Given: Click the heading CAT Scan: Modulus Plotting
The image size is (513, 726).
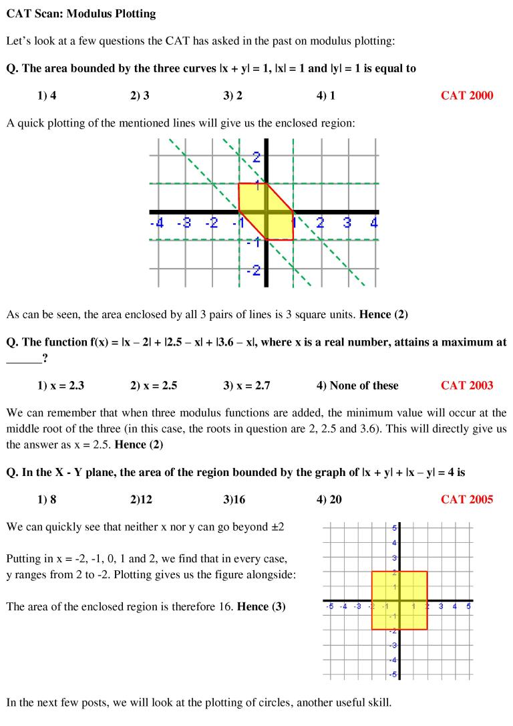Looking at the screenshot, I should coord(85,13).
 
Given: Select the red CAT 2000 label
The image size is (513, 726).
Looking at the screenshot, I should coord(467,96).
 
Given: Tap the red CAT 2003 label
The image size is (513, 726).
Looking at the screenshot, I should coord(467,385).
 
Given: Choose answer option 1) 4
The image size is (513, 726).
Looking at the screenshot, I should coord(47,96).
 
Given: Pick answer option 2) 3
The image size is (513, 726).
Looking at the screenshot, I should coord(140,96).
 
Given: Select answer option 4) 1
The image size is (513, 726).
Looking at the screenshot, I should coord(326,96).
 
